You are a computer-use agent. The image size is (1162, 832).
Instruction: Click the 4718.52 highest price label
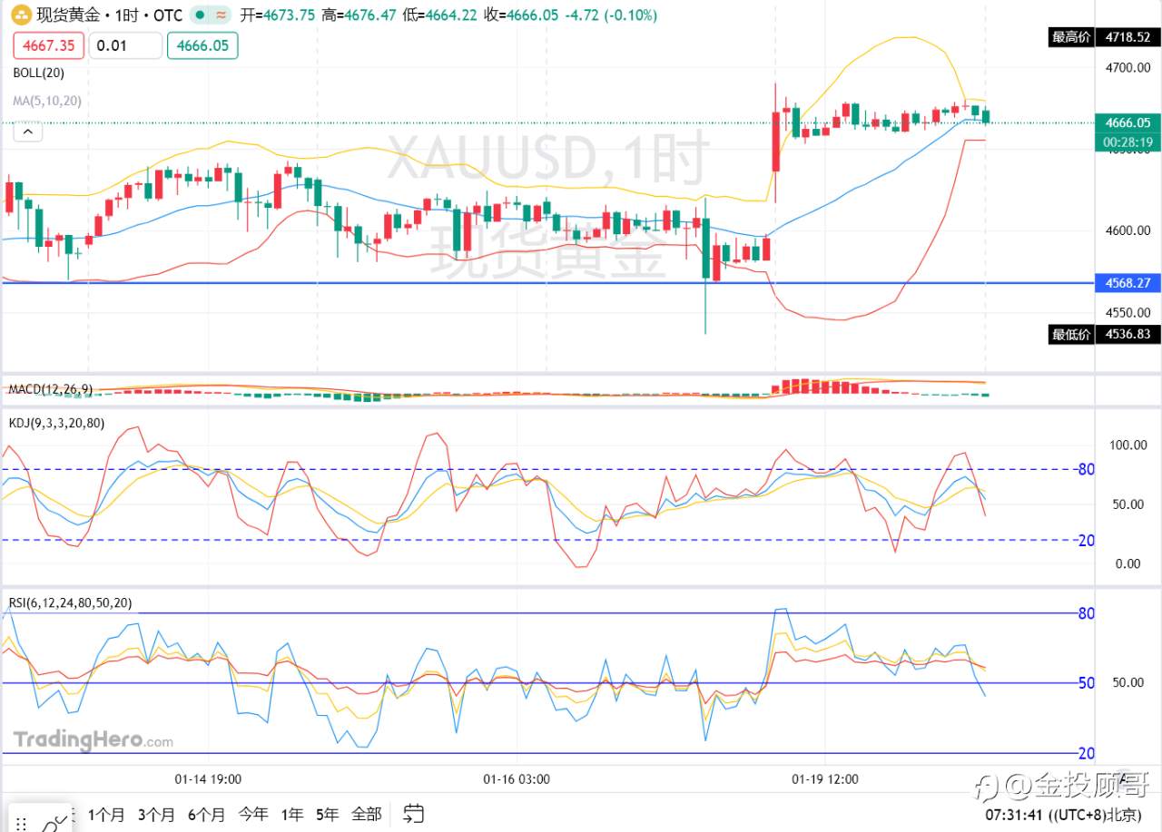pos(1128,37)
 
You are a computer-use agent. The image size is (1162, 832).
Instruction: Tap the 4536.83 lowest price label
pos(1128,334)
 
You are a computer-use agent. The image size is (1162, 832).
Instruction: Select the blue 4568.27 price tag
pos(1128,283)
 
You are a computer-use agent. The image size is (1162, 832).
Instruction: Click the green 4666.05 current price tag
pos(1128,122)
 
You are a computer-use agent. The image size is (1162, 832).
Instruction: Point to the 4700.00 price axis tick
pos(1128,67)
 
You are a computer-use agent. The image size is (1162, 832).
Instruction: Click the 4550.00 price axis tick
pos(1128,311)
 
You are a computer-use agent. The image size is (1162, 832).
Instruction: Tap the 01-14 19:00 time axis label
pos(208,778)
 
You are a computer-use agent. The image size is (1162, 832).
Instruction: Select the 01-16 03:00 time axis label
pos(517,778)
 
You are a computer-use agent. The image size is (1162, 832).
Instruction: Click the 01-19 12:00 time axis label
pos(825,778)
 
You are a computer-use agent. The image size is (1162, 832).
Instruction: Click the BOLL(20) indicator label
pos(38,73)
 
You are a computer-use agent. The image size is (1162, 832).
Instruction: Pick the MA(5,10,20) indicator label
pos(47,101)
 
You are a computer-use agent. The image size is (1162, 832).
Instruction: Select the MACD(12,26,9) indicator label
pos(50,389)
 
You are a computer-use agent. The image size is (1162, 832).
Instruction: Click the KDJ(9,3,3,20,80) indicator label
pos(56,423)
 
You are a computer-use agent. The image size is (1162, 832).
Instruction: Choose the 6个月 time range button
pos(206,814)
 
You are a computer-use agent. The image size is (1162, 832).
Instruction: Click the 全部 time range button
pos(366,814)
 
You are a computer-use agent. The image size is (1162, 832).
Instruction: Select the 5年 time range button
pos(327,814)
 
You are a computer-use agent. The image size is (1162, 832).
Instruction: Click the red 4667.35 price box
pos(48,45)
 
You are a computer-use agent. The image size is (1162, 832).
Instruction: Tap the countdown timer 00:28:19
pos(1128,142)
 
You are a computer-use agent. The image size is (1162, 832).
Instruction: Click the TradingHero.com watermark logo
pos(93,740)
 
